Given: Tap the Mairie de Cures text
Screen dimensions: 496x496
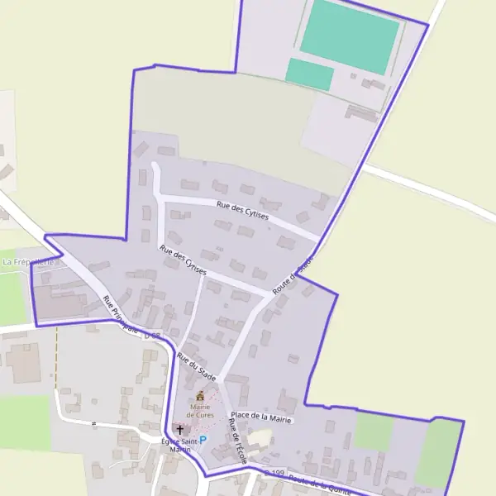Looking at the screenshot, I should (199, 410).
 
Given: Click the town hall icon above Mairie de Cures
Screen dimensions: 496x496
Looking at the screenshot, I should (199, 396).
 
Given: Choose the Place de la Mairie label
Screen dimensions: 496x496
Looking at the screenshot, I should (262, 419).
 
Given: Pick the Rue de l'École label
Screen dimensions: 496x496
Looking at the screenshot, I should (236, 439).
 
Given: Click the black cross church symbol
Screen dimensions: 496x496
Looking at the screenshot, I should (180, 430).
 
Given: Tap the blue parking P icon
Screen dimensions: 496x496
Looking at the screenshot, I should (203, 440).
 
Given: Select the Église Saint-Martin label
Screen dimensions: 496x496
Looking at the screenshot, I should (180, 446).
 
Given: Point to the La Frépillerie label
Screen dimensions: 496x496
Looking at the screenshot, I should (27, 262).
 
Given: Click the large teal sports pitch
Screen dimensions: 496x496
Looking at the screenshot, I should (350, 36).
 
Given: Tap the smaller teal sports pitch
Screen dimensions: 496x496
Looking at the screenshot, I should (310, 74).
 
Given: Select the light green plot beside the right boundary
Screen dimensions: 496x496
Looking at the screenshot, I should (438, 453).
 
